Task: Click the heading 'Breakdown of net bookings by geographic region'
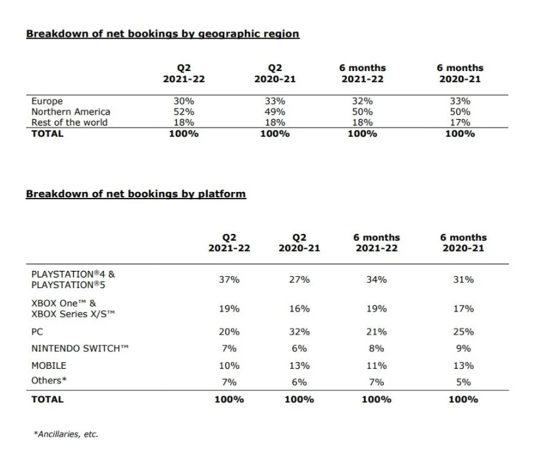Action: tap(163, 34)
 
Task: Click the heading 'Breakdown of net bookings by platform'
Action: tap(136, 194)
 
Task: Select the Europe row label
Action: tap(47, 101)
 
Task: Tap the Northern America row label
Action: tap(70, 112)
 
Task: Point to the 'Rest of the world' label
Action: tap(69, 122)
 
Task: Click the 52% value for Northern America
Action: tap(180, 112)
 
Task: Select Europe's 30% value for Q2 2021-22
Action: tap(180, 101)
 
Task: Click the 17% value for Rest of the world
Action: tap(459, 122)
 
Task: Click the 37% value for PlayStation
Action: tap(229, 279)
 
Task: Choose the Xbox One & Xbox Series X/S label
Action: tap(73, 308)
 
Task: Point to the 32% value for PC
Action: tap(300, 332)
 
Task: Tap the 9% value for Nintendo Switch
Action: tap(463, 348)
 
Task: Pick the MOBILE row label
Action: tap(49, 365)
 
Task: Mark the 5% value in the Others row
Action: tap(463, 381)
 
